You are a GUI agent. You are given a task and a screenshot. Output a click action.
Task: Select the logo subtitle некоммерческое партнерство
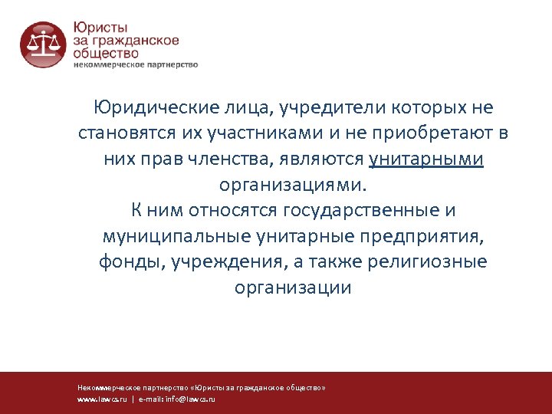(136, 65)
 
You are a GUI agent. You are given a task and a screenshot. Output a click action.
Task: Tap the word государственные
(360, 210)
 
